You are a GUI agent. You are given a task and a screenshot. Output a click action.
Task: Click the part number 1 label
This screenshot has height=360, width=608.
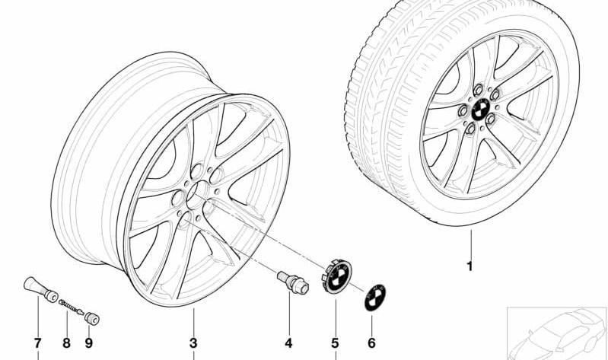[x=470, y=266]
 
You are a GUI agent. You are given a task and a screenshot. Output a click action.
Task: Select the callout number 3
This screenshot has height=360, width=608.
[x=193, y=343]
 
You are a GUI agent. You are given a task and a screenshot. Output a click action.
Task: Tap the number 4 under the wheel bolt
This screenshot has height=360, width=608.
[x=288, y=343]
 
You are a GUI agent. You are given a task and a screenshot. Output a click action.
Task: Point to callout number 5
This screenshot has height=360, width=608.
[x=335, y=343]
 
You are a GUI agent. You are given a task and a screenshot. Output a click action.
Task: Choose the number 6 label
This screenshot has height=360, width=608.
[x=371, y=343]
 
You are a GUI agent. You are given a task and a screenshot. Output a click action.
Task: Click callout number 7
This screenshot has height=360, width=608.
[x=37, y=343]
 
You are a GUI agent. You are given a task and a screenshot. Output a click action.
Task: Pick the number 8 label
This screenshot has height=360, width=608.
[x=66, y=343]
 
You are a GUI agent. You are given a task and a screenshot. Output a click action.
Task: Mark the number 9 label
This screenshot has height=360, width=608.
[x=89, y=343]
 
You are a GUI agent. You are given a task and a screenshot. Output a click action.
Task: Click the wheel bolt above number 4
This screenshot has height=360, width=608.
[x=293, y=282]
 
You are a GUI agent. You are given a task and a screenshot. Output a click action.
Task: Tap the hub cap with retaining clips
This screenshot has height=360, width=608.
[x=336, y=276]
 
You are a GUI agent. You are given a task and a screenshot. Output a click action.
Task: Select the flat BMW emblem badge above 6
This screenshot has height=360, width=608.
[x=375, y=298]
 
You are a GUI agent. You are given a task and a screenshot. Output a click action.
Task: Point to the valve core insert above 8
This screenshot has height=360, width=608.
[x=71, y=307]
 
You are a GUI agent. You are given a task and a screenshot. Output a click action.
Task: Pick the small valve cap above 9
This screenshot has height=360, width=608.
[x=92, y=318]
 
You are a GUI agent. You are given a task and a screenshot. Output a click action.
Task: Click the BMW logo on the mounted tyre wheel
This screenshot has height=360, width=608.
[x=480, y=110]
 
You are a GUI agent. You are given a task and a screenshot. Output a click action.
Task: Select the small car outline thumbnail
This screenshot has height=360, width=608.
[x=557, y=333]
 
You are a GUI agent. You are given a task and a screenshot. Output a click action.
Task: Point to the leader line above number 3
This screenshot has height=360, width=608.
[x=193, y=322]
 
